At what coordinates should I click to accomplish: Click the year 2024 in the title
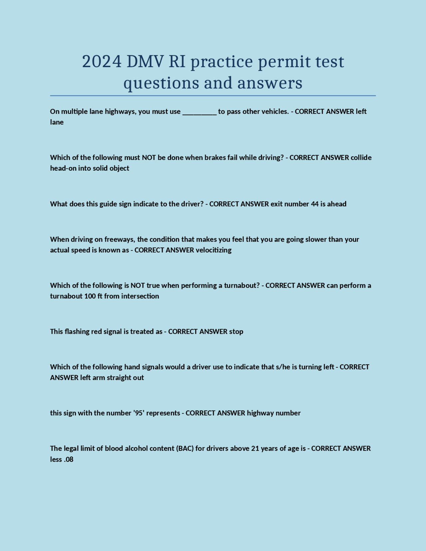[102, 62]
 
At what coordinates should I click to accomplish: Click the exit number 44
[315, 204]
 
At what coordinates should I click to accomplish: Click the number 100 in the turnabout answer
[90, 296]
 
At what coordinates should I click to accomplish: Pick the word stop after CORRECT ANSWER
[236, 332]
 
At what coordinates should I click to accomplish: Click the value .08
[68, 459]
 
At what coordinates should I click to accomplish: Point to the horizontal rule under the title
[213, 96]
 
